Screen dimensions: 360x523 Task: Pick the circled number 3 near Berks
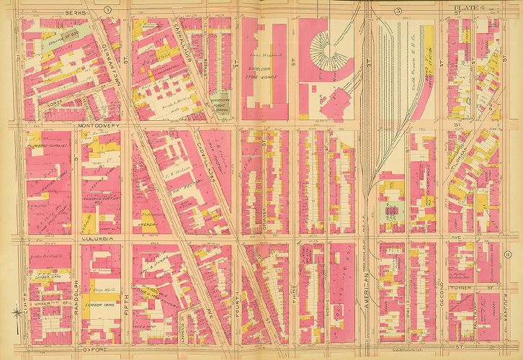[x=128, y=9]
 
